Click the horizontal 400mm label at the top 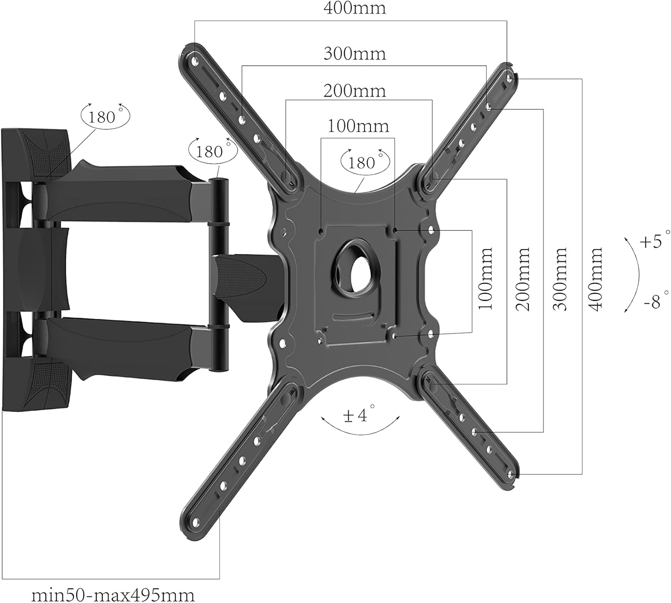click(x=354, y=8)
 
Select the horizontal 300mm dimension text click(x=354, y=54)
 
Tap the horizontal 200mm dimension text click(x=354, y=91)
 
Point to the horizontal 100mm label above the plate click(x=358, y=126)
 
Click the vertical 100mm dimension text click(x=485, y=279)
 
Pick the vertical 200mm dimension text click(x=522, y=279)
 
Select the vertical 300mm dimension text click(x=560, y=279)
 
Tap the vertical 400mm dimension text click(x=595, y=279)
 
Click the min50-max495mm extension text click(x=113, y=595)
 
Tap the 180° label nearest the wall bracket click(x=105, y=117)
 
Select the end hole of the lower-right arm click(x=510, y=473)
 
